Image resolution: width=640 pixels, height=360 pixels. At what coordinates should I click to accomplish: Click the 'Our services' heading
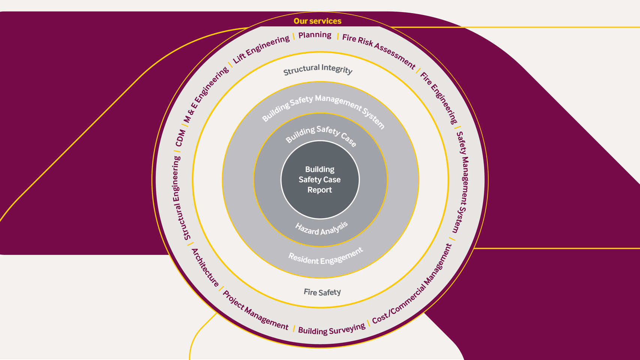[x=317, y=21]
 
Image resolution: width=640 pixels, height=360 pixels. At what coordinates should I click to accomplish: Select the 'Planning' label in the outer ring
[x=315, y=35]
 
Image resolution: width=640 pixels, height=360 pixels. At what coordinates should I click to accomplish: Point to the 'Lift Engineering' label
[x=261, y=49]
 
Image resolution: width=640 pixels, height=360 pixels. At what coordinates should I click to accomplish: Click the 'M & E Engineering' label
[x=206, y=95]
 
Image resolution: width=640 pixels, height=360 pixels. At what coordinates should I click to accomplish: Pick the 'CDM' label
[x=180, y=138]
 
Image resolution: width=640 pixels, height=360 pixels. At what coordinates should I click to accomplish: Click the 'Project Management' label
[x=255, y=310]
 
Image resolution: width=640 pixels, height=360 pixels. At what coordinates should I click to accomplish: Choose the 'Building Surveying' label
[x=331, y=329]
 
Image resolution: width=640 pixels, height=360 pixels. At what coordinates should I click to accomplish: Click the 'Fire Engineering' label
[x=439, y=98]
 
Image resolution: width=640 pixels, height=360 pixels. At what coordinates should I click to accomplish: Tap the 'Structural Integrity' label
[x=318, y=70]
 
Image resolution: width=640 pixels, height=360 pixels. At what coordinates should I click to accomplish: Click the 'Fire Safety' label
[x=322, y=292]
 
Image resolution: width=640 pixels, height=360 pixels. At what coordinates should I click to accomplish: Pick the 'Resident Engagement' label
[x=325, y=256]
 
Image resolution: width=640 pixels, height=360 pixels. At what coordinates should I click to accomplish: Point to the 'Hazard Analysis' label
[x=322, y=228]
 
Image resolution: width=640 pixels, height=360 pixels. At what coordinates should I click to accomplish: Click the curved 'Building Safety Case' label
[x=321, y=135]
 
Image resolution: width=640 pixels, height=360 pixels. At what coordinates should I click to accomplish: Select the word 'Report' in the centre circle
[x=319, y=190]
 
